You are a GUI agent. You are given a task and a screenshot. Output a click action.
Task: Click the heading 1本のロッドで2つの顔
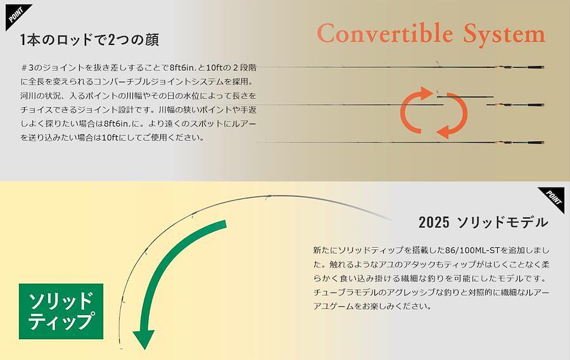coord(89,40)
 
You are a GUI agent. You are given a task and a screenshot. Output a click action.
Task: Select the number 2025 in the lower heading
coord(434,222)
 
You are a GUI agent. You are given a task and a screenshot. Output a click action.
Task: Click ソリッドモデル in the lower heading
coord(503,222)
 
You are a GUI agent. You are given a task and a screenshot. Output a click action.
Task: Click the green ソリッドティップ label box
coord(61,311)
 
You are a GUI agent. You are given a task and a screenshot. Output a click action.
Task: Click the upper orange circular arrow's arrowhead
coord(426,93)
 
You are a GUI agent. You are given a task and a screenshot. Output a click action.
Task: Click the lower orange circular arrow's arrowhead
coord(444,131)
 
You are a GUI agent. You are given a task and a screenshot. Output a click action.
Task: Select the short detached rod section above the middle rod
coord(465,97)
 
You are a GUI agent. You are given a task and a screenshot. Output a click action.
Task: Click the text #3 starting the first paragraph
coord(28,68)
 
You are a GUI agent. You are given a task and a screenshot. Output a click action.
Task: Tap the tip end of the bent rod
coord(121,349)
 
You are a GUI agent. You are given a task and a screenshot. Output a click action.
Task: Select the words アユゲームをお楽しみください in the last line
coord(372,306)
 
